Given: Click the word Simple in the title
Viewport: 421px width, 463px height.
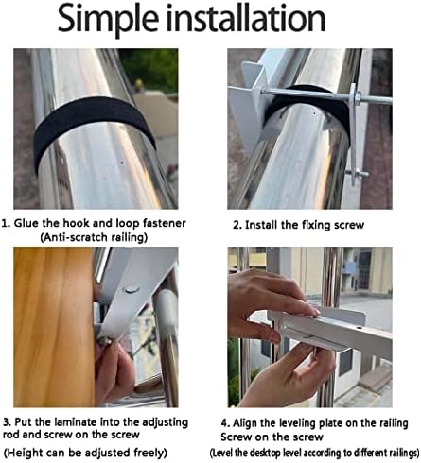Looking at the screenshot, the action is point(108,19).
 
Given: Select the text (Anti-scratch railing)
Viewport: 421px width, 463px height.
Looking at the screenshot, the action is point(94,237).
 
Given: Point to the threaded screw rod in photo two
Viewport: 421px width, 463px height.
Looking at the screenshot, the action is point(325,96).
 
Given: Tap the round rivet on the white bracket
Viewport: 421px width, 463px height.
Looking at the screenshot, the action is point(131,289).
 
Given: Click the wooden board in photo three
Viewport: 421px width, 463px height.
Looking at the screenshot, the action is point(54,327).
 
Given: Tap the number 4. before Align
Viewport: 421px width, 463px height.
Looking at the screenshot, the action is point(225,423).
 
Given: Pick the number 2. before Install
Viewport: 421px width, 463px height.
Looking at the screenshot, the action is point(237,226).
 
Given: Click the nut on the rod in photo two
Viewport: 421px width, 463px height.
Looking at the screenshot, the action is point(357,95).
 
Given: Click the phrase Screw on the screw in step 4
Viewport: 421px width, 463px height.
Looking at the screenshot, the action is point(272,437).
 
